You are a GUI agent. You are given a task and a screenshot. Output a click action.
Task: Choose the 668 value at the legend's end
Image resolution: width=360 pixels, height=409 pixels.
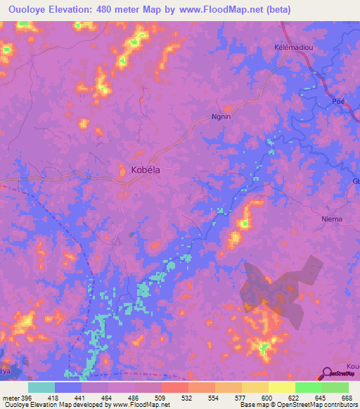(347, 397)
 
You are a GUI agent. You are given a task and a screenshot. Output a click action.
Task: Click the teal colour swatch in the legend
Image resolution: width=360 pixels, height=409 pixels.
(41, 387)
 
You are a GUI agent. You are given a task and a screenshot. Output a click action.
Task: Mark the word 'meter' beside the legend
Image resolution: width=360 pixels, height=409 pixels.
(9, 397)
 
